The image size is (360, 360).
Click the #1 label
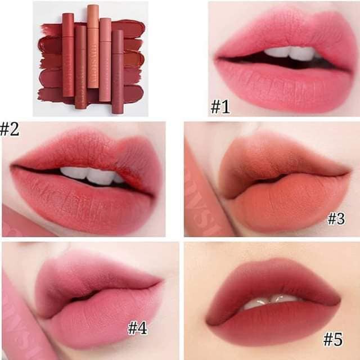click(220, 106)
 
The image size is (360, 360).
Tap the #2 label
click(9, 129)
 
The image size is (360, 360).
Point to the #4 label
click(137, 327)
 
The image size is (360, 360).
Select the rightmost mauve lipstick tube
click(118, 70)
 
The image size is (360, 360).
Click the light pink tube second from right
click(105, 59)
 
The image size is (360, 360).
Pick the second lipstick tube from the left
click(80, 67)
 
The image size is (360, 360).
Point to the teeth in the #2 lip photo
click(90, 174)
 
